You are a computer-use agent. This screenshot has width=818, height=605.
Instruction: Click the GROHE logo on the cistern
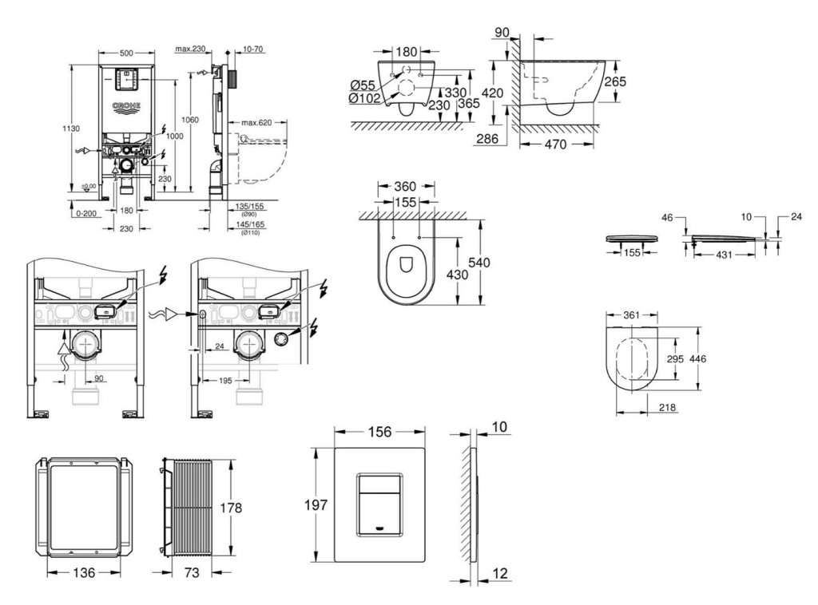coord(125,105)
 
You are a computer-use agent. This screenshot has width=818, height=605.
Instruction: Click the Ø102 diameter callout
coord(364,98)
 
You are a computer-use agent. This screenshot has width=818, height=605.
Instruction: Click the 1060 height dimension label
coord(189,120)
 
